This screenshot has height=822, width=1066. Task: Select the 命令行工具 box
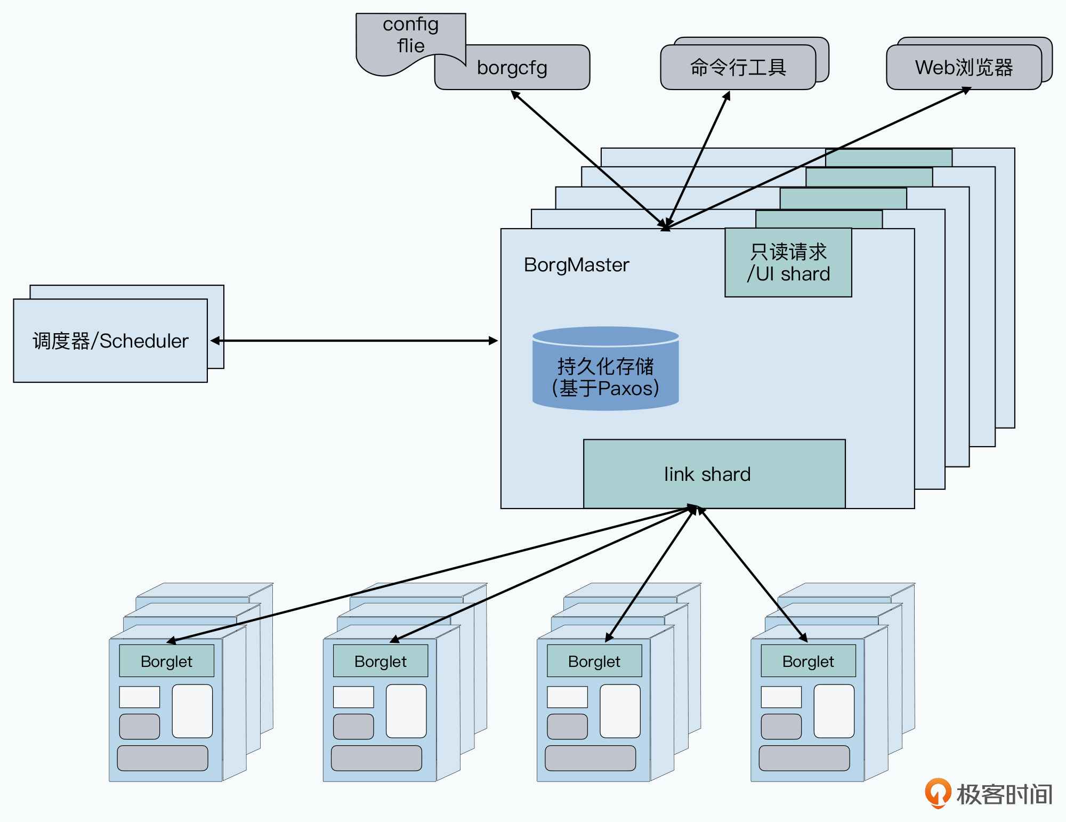738,68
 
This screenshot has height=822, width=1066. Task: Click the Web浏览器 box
964,68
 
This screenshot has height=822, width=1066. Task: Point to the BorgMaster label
576,265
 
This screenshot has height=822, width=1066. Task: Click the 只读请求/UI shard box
788,263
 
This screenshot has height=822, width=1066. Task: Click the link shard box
714,474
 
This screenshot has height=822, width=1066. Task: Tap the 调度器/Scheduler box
110,341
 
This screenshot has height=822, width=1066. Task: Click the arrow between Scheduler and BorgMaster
354,341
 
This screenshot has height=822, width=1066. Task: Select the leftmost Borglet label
166,662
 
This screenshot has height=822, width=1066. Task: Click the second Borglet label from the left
380,662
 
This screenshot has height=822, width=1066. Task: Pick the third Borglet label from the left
594,662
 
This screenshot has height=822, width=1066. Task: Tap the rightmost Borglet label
808,662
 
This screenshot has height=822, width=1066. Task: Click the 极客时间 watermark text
1004,794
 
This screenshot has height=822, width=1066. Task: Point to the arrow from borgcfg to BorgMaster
586,157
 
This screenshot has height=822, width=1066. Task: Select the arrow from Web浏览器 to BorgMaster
815,158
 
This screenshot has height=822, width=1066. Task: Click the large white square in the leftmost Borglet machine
192,711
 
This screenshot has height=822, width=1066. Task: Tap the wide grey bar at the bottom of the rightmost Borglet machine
804,758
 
